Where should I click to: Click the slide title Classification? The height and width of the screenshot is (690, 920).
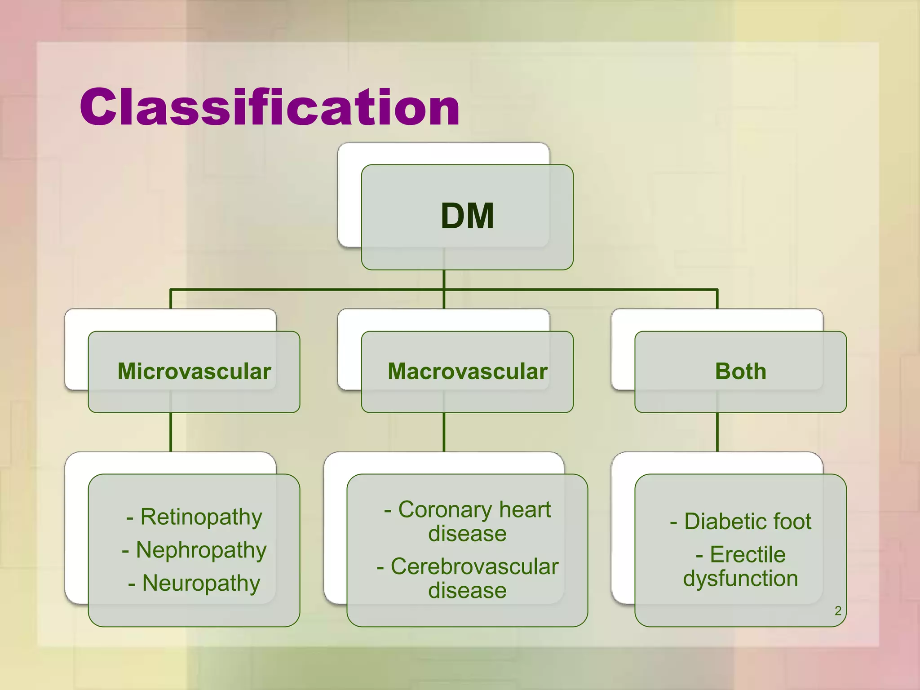[x=270, y=108]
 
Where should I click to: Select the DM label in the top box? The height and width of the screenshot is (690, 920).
[x=467, y=217]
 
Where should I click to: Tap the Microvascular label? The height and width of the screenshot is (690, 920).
[x=194, y=372]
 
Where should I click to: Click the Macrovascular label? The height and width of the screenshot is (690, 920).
[x=467, y=372]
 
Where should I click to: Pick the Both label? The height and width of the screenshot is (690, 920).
[x=740, y=372]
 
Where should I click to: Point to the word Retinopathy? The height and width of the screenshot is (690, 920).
[x=201, y=517]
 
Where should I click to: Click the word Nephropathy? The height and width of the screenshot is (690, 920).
[x=201, y=550]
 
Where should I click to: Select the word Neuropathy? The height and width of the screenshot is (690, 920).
[x=201, y=584]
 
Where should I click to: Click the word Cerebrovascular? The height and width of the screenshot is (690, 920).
[x=474, y=566]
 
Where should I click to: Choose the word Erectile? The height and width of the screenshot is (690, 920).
[x=747, y=555]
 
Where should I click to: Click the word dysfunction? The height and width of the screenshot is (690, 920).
[x=740, y=579]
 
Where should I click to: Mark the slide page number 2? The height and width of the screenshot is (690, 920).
[x=838, y=611]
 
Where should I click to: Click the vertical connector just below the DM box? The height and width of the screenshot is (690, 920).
[x=444, y=279]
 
